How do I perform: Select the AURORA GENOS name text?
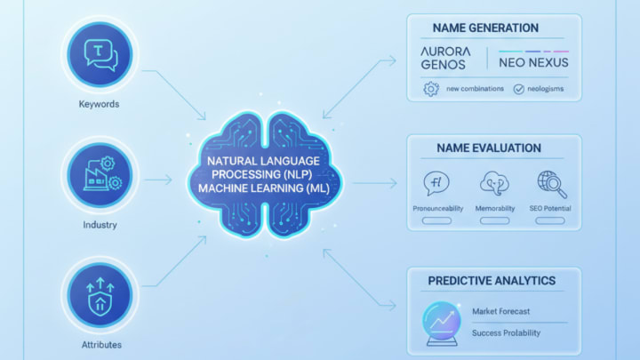pyautogui.click(x=449, y=58)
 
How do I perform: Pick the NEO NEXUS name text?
pyautogui.click(x=534, y=62)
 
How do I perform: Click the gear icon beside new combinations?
pyautogui.click(x=431, y=89)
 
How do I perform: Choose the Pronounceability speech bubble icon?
pyautogui.click(x=437, y=182)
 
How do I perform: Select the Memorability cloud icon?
pyautogui.click(x=494, y=182)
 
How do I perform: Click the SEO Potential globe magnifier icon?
pyautogui.click(x=552, y=182)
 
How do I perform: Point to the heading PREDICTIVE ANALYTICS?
pyautogui.click(x=492, y=281)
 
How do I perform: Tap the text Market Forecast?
pyautogui.click(x=502, y=310)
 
